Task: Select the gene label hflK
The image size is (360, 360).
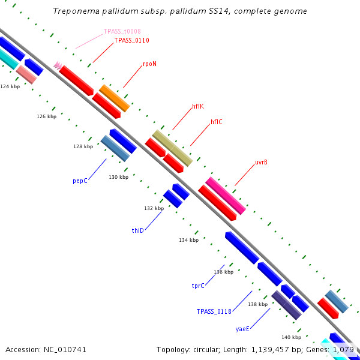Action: [x=198, y=106]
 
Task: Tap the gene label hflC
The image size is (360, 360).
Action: [x=217, y=122]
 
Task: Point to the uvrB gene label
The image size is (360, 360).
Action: [x=261, y=162]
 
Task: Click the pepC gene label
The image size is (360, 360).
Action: [x=80, y=180]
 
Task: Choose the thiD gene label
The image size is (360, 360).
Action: [x=138, y=230]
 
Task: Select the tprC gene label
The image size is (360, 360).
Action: [x=198, y=286]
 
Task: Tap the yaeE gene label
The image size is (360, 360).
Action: [x=242, y=329]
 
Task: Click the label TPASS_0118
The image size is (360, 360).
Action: [x=214, y=311]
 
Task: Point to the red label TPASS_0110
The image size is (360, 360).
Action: [x=131, y=40]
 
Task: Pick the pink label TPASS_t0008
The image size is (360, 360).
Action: [x=122, y=31]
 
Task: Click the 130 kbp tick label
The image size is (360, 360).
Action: [x=119, y=177]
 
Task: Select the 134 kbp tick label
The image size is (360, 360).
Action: [x=188, y=240]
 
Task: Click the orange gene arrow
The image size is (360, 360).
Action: [x=115, y=98]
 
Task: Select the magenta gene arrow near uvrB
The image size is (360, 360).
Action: [x=226, y=196]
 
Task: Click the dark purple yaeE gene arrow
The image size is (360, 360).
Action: [x=286, y=305]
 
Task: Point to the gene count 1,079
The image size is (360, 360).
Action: [x=343, y=349]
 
